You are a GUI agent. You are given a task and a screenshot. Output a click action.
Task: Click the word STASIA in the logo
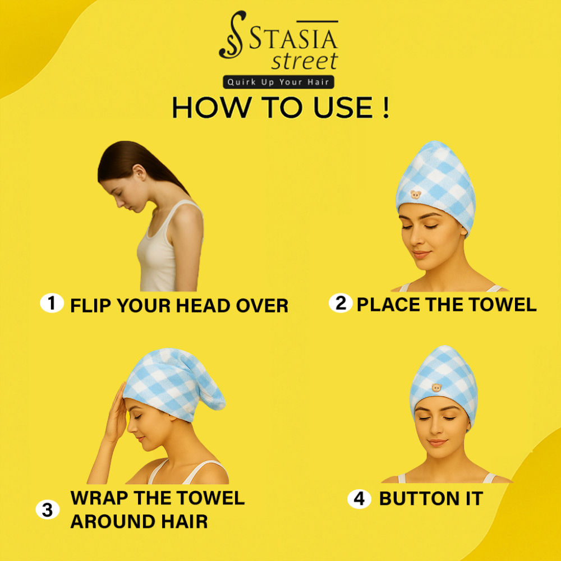click(x=293, y=38)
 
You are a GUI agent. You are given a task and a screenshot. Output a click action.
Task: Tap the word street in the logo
click(x=305, y=61)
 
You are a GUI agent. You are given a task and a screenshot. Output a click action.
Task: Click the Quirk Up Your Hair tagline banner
click(x=278, y=82)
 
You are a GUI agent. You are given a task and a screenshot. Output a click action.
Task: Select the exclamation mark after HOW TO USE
click(x=385, y=107)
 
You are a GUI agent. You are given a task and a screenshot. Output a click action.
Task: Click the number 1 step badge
click(x=52, y=303)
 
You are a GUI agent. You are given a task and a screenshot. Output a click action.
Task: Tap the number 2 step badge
click(x=341, y=303)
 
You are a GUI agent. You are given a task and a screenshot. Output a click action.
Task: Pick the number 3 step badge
click(x=48, y=509)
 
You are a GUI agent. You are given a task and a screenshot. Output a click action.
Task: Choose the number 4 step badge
click(x=359, y=499)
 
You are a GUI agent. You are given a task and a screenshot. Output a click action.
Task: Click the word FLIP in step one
click(x=91, y=306)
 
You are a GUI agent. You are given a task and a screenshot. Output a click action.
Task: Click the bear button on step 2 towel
click(x=415, y=195)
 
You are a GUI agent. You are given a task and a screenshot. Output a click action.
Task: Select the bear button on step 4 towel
click(x=436, y=388)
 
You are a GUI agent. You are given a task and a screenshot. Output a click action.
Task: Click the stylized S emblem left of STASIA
click(x=233, y=34)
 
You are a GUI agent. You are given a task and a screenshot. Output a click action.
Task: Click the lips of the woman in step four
click(x=438, y=443)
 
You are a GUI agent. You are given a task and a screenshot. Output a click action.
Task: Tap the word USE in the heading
click(x=343, y=107)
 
